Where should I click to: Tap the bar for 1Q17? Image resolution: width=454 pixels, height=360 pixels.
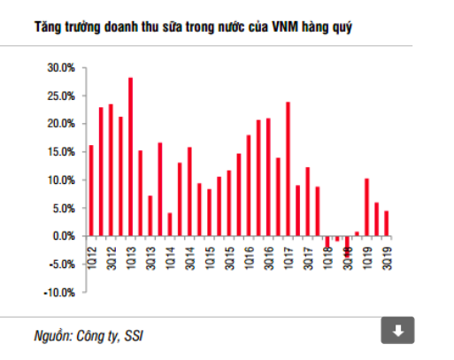(x=288, y=169)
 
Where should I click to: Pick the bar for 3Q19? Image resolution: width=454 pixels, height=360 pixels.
(x=387, y=223)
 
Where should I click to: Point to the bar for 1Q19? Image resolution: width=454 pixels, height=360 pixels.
(x=366, y=207)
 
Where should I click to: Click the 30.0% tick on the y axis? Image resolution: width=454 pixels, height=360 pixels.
(x=60, y=67)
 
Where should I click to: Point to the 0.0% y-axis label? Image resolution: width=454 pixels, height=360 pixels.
(x=63, y=236)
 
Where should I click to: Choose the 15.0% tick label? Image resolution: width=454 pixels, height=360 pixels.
(x=60, y=151)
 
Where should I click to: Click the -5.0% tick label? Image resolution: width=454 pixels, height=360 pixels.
(x=61, y=264)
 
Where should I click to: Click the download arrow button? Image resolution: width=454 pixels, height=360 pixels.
(x=397, y=331)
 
